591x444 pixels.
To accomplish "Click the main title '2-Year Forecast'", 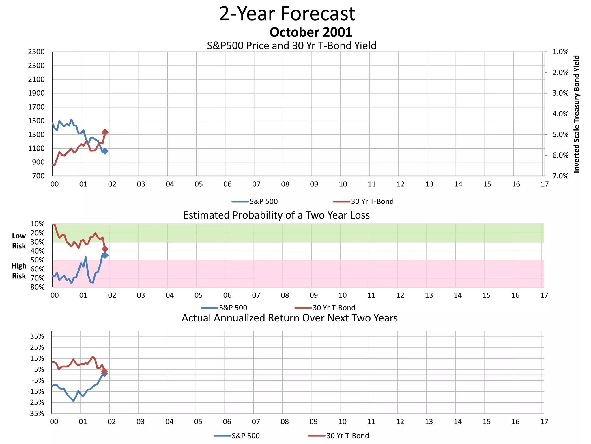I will [287, 14].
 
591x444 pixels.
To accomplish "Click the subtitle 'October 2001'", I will [311, 32].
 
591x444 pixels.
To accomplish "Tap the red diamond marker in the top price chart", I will [105, 132].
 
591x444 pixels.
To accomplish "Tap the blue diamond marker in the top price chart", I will [105, 151].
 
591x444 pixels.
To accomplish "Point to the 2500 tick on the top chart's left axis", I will [36, 52].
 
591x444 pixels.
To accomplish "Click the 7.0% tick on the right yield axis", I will [560, 176].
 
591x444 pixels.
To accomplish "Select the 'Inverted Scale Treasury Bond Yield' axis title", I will [577, 114].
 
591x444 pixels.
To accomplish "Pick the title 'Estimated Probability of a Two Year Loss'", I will [276, 215].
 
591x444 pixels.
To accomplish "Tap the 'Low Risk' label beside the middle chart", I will [19, 241].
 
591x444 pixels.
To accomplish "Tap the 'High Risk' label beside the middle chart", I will [19, 271].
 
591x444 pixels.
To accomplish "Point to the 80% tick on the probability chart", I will [38, 287].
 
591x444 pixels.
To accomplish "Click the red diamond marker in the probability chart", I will [105, 249].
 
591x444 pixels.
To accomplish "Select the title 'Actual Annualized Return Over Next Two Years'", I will [289, 318].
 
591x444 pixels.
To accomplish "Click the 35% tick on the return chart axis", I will [37, 336].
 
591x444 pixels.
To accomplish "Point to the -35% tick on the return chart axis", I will [36, 414].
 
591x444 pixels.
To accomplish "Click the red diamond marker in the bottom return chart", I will [104, 371].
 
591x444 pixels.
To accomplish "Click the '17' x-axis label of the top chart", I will [545, 184].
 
